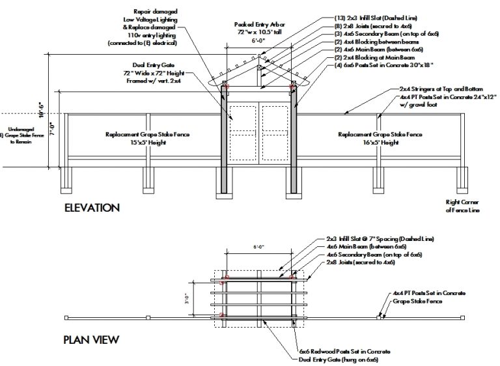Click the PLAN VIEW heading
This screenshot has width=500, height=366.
(91, 339)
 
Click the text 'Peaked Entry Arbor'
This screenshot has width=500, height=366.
(258, 24)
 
